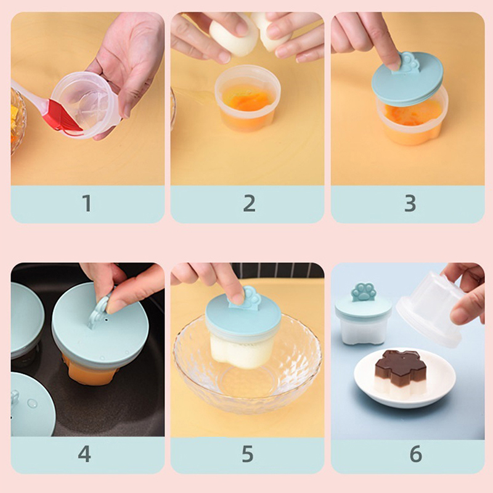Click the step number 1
pos(87,203)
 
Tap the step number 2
pos(250,203)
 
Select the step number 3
pos(410,203)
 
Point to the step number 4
pos(84,454)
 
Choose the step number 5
pos(248,454)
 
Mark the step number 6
pos(415,454)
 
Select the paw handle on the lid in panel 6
pos(364,291)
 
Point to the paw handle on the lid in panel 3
pos(408,62)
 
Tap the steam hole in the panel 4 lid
pos(106,320)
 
